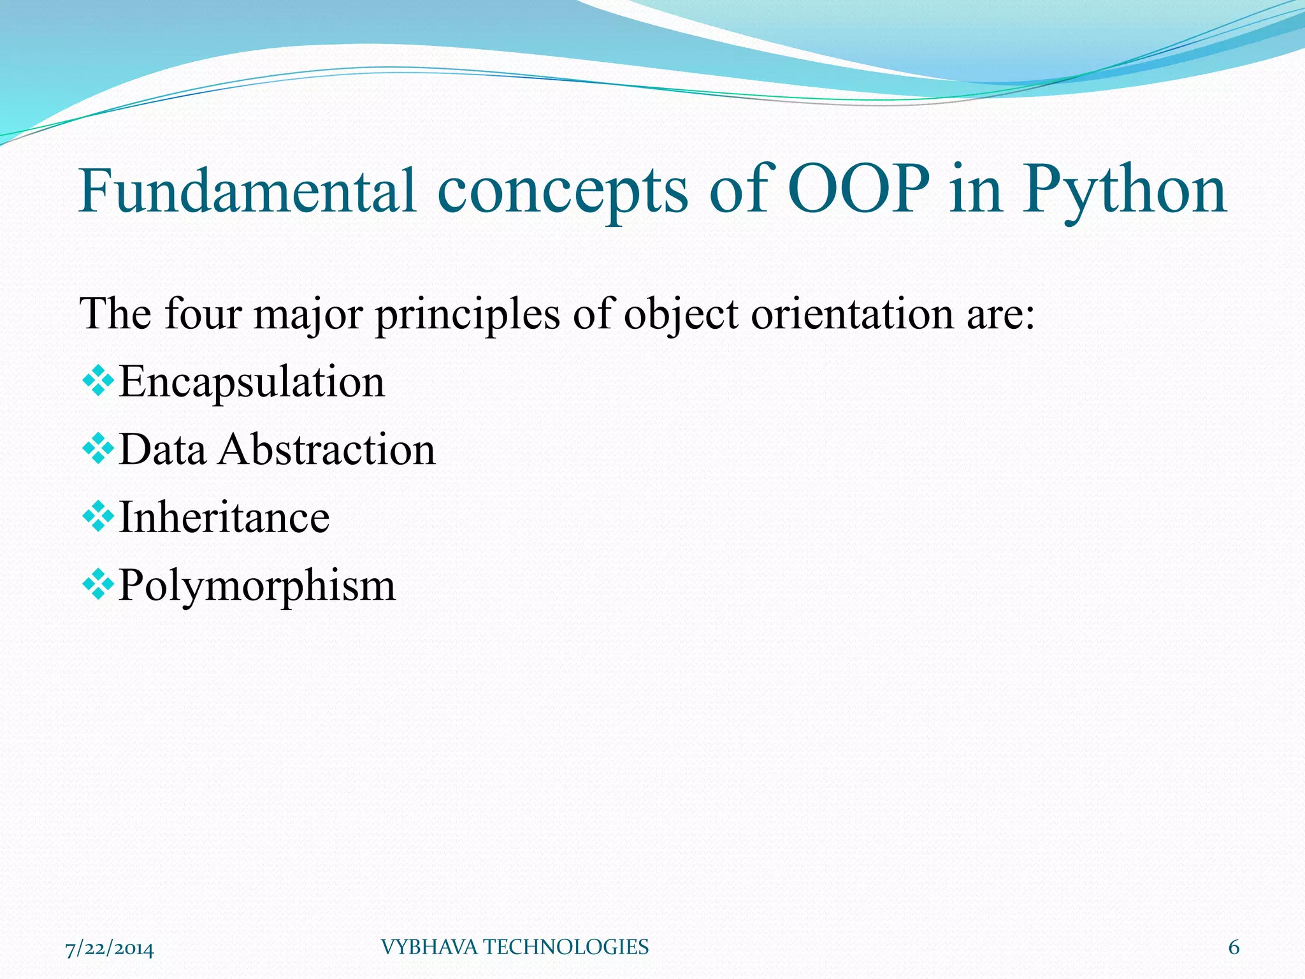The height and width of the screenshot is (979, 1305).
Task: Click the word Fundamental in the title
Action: (x=247, y=190)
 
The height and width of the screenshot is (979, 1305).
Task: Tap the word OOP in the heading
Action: (x=858, y=190)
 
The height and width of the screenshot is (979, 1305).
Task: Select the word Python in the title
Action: (x=1124, y=190)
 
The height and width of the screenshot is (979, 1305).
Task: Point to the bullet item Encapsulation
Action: (x=252, y=382)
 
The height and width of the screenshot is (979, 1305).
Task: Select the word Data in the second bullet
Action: (x=162, y=449)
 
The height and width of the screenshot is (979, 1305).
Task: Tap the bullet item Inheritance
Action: (x=224, y=517)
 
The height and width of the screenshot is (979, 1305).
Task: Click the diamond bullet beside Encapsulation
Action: (x=98, y=381)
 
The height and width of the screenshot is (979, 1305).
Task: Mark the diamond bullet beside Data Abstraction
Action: (x=98, y=449)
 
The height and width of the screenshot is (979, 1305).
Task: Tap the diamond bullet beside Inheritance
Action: (x=98, y=516)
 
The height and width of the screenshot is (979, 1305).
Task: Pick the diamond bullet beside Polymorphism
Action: (x=98, y=584)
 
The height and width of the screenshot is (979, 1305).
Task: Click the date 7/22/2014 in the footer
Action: (x=110, y=949)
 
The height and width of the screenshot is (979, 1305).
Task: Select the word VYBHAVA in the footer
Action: (x=429, y=948)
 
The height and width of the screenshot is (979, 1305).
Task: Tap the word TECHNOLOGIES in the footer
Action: (x=565, y=948)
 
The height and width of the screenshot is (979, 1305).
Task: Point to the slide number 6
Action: (x=1234, y=948)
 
